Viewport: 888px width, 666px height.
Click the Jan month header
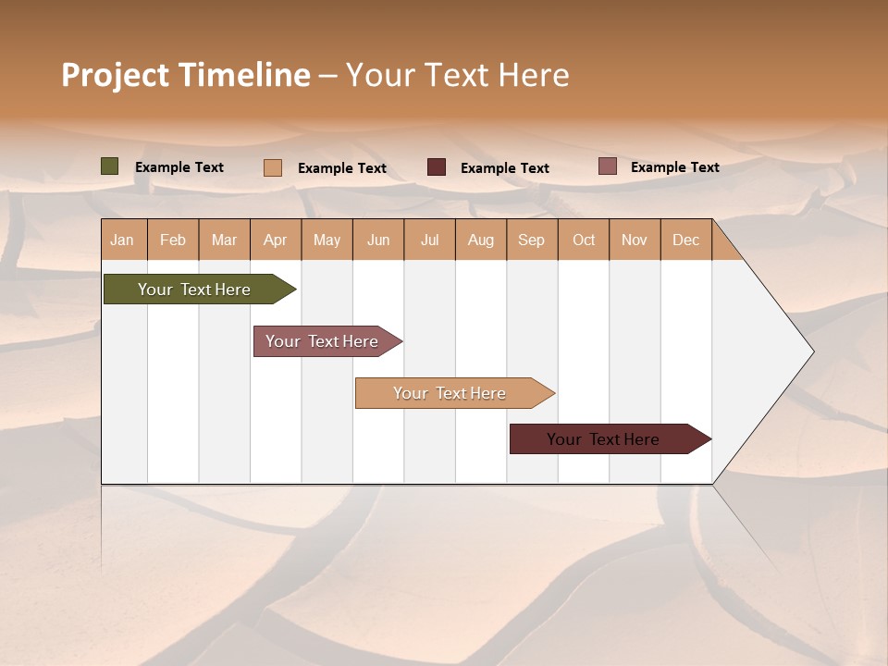pos(123,240)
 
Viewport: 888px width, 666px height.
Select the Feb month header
pos(173,240)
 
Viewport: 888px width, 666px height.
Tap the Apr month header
pos(276,240)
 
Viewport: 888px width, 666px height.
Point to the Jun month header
pos(378,240)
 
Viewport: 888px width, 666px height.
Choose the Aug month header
pos(481,240)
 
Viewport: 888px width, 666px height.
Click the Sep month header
pos(532,240)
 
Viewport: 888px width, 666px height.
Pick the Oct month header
pos(584,240)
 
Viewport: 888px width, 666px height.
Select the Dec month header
pos(686,240)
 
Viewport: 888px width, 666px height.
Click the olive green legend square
pos(110,166)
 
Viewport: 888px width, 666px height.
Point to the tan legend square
pos(273,167)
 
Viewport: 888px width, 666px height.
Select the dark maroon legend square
pos(437,167)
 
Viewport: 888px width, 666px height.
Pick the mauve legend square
pos(607,166)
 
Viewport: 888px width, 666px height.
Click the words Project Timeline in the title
pos(186,75)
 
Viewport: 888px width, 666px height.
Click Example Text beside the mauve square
pos(674,167)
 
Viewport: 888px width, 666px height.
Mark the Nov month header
pos(635,240)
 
